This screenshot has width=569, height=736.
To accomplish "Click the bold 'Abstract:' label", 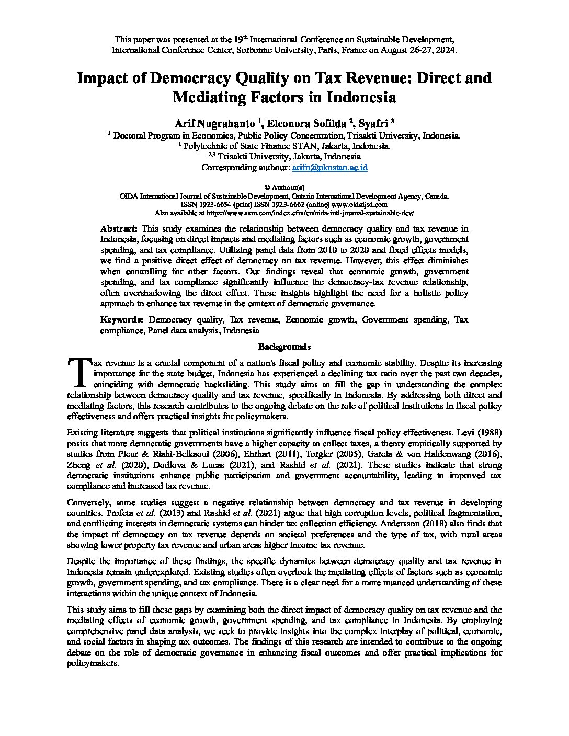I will (119, 228).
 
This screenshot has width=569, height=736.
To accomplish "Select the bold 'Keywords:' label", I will (121, 319).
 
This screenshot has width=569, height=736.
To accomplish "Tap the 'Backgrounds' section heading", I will (284, 347).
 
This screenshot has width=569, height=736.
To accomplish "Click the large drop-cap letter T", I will (79, 371).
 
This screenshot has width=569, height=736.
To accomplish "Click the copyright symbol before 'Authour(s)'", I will (267, 187).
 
